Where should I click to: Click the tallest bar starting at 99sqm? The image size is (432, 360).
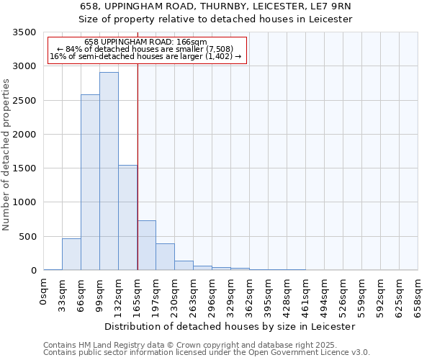pos(109,171)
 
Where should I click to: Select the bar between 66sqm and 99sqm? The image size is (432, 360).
pos(90,182)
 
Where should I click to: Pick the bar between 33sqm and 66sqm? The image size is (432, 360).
pos(71,254)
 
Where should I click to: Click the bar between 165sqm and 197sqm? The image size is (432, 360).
pos(146,246)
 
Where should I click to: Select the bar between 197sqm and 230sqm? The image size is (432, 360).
pos(165,257)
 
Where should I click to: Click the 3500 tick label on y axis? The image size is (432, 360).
pos(24,32)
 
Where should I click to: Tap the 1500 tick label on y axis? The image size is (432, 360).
pos(24,168)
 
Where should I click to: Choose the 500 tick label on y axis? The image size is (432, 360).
pos(27,236)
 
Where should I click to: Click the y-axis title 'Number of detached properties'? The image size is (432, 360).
pos(6,155)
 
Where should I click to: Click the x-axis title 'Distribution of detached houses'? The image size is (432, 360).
pos(230,326)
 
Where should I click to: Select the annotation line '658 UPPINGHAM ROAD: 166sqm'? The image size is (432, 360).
pos(145,42)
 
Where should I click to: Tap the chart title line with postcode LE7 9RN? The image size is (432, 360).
pos(216,6)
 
